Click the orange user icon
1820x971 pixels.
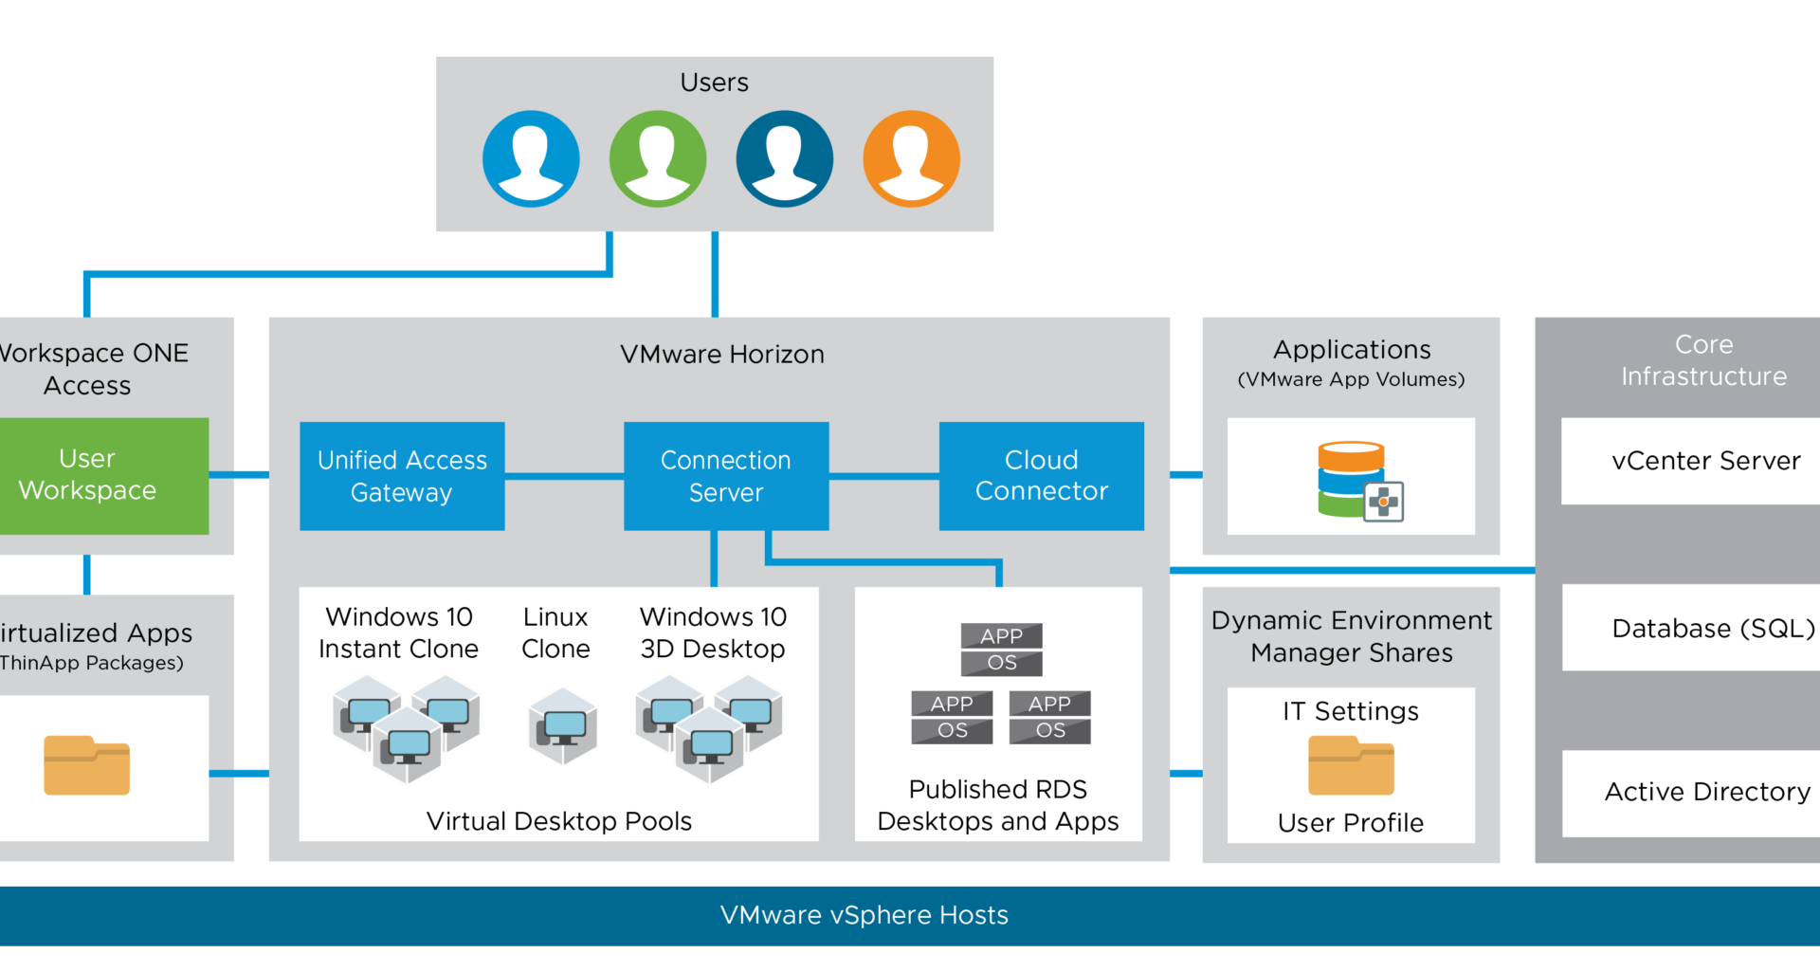[x=911, y=158]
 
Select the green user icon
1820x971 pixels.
[x=658, y=158]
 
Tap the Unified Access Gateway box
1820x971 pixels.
[x=402, y=476]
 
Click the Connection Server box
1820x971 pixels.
[x=726, y=476]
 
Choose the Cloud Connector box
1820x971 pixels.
[x=1041, y=476]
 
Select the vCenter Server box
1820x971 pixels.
[x=1697, y=461]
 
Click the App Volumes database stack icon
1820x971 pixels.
[x=1356, y=480]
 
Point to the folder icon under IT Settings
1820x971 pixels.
[x=1351, y=765]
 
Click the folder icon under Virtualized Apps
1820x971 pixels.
[x=86, y=765]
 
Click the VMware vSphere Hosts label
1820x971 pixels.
[x=864, y=915]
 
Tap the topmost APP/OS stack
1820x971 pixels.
[x=1001, y=650]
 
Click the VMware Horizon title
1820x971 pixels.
[x=722, y=355]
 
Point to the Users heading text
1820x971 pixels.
[x=714, y=83]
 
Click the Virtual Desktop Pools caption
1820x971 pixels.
[x=559, y=821]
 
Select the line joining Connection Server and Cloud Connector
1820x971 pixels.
[x=883, y=476]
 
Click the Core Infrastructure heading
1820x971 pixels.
[x=1703, y=360]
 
